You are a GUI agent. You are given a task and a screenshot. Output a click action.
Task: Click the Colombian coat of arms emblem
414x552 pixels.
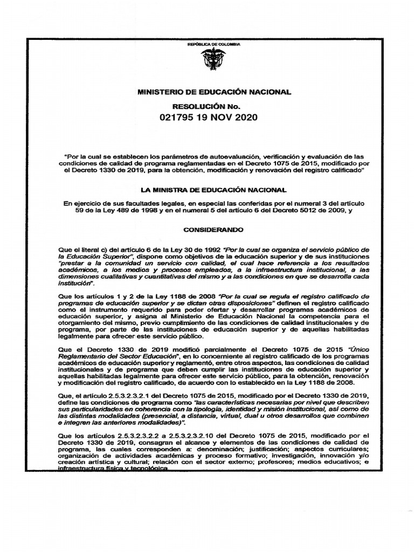[207, 59]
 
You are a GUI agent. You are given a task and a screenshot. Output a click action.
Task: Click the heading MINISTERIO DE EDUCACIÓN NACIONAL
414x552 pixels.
[207, 92]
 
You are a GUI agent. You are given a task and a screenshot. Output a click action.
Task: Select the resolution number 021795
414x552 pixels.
[180, 117]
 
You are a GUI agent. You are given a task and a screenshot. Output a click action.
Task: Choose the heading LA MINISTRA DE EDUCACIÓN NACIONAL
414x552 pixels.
[207, 190]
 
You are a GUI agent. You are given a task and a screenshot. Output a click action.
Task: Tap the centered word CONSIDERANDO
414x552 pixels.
[207, 229]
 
